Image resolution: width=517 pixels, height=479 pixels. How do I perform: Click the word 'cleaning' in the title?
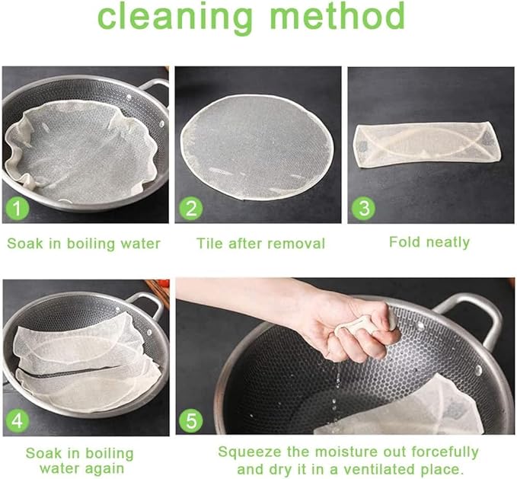[175, 18]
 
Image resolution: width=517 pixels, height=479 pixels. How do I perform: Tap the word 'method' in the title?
[337, 15]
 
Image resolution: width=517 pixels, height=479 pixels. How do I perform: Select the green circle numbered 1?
[18, 209]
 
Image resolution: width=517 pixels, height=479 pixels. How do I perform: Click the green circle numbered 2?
[190, 209]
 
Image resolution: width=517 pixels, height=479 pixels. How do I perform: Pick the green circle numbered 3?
[363, 209]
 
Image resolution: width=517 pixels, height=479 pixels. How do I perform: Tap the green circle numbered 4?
[18, 420]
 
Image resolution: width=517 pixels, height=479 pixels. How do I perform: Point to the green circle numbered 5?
[190, 420]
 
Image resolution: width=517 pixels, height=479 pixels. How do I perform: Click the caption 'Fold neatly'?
[429, 242]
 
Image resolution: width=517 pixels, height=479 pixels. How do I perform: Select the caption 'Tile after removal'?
[261, 244]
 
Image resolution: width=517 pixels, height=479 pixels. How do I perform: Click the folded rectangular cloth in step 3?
[426, 145]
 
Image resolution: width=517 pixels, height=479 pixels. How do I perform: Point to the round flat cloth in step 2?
[257, 148]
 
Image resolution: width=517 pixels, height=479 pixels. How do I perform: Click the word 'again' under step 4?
[107, 469]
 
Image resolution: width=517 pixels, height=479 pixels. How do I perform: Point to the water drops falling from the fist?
[337, 389]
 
